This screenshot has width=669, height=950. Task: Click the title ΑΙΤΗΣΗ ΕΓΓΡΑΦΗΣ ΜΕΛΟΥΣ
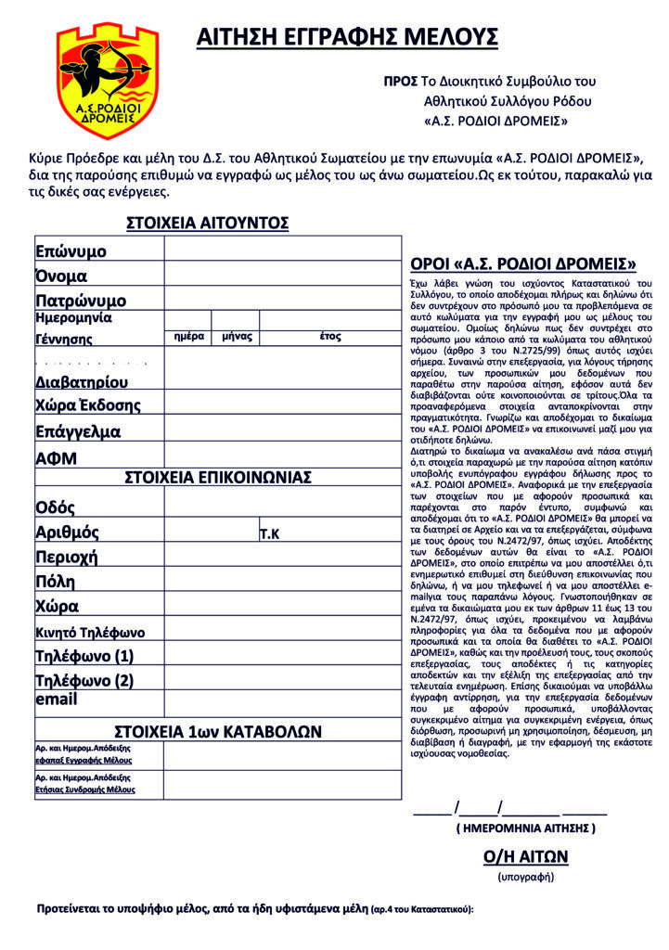pyautogui.click(x=347, y=38)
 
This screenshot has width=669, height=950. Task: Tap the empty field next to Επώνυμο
pyautogui.click(x=282, y=250)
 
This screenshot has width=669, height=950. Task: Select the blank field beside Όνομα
pyautogui.click(x=282, y=275)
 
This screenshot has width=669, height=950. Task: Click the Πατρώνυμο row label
pyautogui.click(x=81, y=300)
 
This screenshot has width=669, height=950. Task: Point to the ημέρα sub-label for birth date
pyautogui.click(x=188, y=337)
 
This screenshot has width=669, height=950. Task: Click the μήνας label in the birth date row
pyautogui.click(x=238, y=337)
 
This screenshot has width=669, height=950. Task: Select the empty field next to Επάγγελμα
pyautogui.click(x=282, y=430)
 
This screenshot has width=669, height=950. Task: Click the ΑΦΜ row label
pyautogui.click(x=56, y=458)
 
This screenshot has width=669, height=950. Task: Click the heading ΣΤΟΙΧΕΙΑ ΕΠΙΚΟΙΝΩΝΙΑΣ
pyautogui.click(x=218, y=477)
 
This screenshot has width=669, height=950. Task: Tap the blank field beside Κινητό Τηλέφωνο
pyautogui.click(x=282, y=632)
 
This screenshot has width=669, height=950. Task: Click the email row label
pyautogui.click(x=56, y=700)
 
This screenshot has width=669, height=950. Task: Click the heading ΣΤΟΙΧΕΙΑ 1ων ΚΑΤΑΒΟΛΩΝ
pyautogui.click(x=218, y=731)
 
